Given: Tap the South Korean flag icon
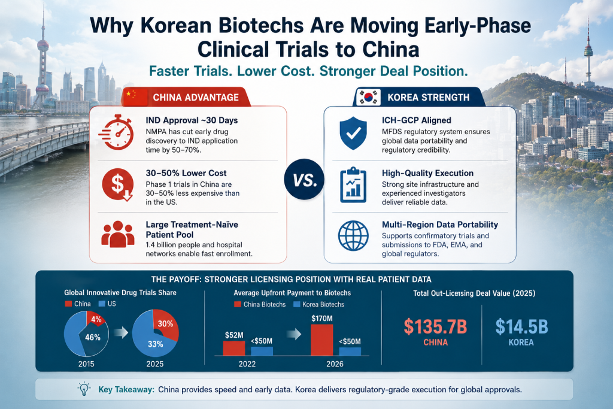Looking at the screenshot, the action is coord(369,97).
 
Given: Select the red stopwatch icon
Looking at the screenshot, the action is coord(117,132).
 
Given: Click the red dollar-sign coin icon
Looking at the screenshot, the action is coord(118,184).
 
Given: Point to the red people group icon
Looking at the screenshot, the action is coord(118,234).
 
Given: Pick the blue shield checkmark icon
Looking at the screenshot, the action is coord(353,133).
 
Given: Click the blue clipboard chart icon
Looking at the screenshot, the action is coord(353,185).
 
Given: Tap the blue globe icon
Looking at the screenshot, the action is coord(353,235).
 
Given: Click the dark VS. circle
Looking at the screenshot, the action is coord(304,180).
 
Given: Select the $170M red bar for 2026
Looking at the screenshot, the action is coord(321,340).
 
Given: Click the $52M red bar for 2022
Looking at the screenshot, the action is coord(234,348).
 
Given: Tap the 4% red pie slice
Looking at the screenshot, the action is coord(95,319).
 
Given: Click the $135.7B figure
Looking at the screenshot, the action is coord(436,326).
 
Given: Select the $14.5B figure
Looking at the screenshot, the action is coord(521,326).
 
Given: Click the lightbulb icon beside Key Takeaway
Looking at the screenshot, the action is coord(84,389).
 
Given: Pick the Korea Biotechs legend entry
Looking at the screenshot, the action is coord(318,304).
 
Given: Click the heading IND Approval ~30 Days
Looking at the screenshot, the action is coord(192,120).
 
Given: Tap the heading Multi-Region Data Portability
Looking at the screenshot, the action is coord(440,225).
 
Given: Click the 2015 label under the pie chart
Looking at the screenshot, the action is coord(86,364).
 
